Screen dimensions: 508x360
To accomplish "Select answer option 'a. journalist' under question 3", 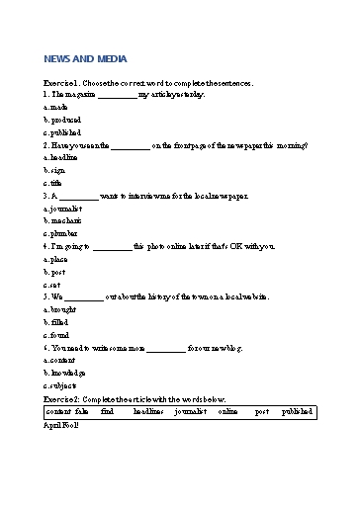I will click(62, 209).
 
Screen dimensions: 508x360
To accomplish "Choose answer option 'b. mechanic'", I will click(62, 221).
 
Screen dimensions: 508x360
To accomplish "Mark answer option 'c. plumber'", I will click(60, 234).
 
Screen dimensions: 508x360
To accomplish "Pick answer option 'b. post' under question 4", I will click(54, 271).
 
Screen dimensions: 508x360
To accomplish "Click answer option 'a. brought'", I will click(60, 309).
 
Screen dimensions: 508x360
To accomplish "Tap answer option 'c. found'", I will click(57, 335).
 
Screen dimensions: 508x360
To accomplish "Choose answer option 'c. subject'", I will click(60, 385).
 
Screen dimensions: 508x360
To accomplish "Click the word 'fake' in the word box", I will click(81, 410).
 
